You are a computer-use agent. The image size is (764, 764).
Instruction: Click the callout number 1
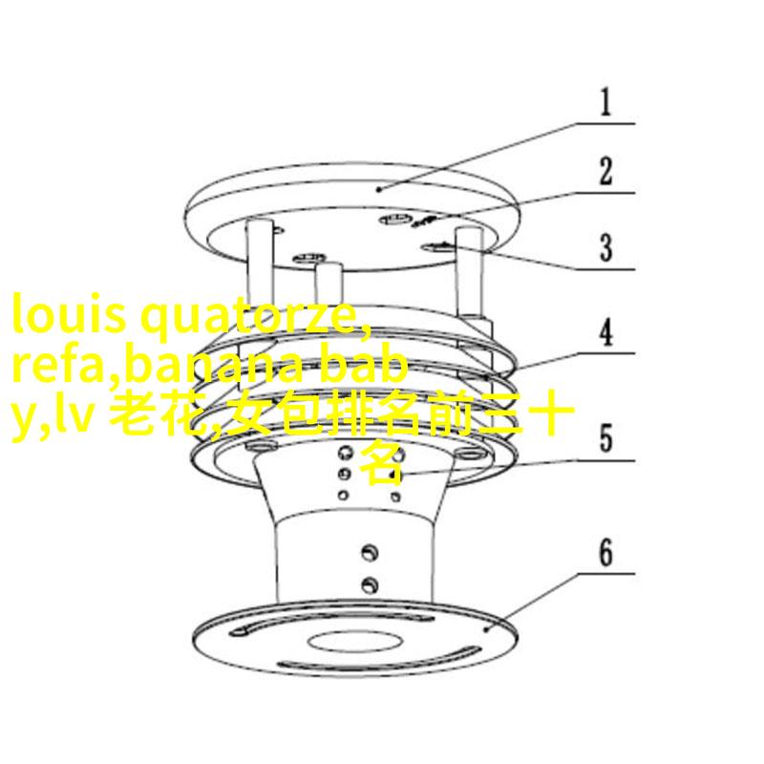point(605,102)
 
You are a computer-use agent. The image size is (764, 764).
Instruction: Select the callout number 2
point(605,171)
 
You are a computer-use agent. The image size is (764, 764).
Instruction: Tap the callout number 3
point(605,247)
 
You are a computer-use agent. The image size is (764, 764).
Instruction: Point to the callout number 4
point(605,331)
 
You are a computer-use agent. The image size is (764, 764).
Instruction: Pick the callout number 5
point(605,438)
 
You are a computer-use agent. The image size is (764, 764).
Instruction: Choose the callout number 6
point(605,552)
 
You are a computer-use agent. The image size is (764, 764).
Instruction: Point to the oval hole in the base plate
point(354,641)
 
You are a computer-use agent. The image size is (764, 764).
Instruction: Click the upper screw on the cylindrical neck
point(370,552)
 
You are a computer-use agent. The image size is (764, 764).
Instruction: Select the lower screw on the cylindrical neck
point(370,584)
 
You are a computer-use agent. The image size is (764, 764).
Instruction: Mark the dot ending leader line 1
point(379,189)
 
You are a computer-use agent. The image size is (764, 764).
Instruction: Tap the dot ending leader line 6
point(486,629)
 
